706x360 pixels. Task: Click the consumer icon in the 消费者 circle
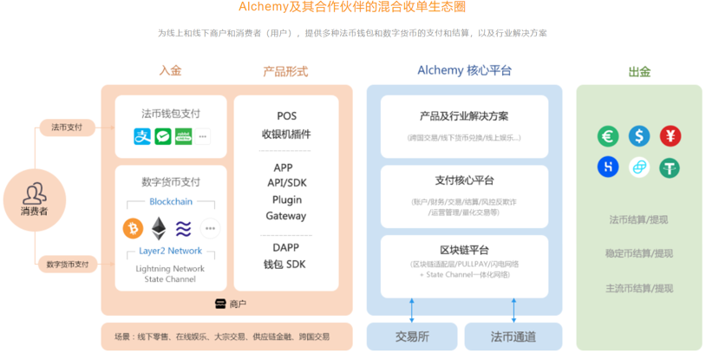pyautogui.click(x=34, y=193)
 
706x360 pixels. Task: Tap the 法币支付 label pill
pyautogui.click(x=67, y=128)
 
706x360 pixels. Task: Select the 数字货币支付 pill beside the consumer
pyautogui.click(x=68, y=264)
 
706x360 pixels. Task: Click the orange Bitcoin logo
pyautogui.click(x=133, y=228)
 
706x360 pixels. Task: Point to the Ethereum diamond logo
pyautogui.click(x=158, y=228)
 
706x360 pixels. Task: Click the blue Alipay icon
pyautogui.click(x=142, y=136)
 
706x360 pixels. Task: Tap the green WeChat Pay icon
pyautogui.click(x=163, y=136)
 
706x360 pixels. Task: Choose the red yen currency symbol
pyautogui.click(x=670, y=135)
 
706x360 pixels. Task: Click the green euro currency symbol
pyautogui.click(x=608, y=135)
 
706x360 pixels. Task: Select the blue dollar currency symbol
pyautogui.click(x=639, y=135)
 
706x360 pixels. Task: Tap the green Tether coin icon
pyautogui.click(x=670, y=167)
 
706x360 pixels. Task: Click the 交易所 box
pyautogui.click(x=412, y=337)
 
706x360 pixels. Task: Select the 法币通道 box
pyautogui.click(x=513, y=337)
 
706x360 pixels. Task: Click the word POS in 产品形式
pyautogui.click(x=286, y=115)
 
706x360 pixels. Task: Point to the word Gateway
pyautogui.click(x=286, y=216)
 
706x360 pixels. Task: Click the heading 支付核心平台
pyautogui.click(x=464, y=180)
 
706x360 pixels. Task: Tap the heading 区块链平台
pyautogui.click(x=464, y=250)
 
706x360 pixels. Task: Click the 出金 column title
pyautogui.click(x=638, y=71)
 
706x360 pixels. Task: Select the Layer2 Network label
pyautogui.click(x=170, y=251)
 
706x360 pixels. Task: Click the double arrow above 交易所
pyautogui.click(x=412, y=307)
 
